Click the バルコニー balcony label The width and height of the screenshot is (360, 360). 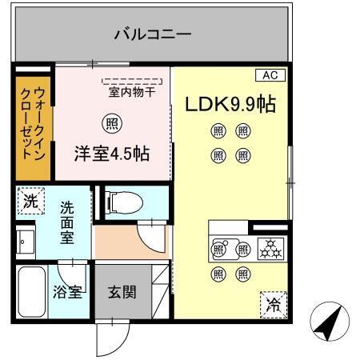point(152,34)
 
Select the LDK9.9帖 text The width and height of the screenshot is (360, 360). point(231,105)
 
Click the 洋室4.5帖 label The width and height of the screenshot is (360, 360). point(113,152)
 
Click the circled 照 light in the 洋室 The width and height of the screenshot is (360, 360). point(113,124)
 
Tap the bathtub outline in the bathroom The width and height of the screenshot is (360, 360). point(33,293)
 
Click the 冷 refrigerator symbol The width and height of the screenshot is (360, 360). point(272,304)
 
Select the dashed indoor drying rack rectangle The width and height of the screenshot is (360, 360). point(130,81)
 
